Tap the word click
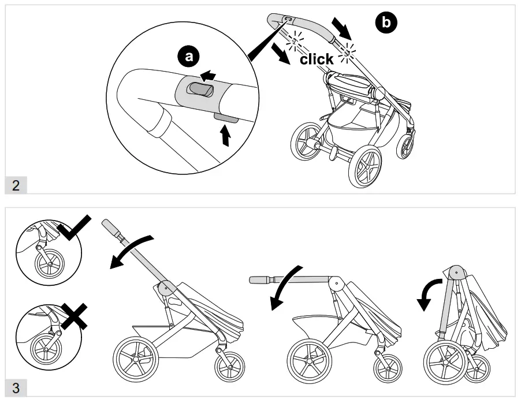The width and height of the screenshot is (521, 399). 317,59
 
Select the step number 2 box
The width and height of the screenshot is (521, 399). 16,185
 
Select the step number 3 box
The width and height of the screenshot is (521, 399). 16,389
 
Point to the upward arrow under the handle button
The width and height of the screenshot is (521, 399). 225,137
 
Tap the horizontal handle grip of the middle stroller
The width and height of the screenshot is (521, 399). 265,280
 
